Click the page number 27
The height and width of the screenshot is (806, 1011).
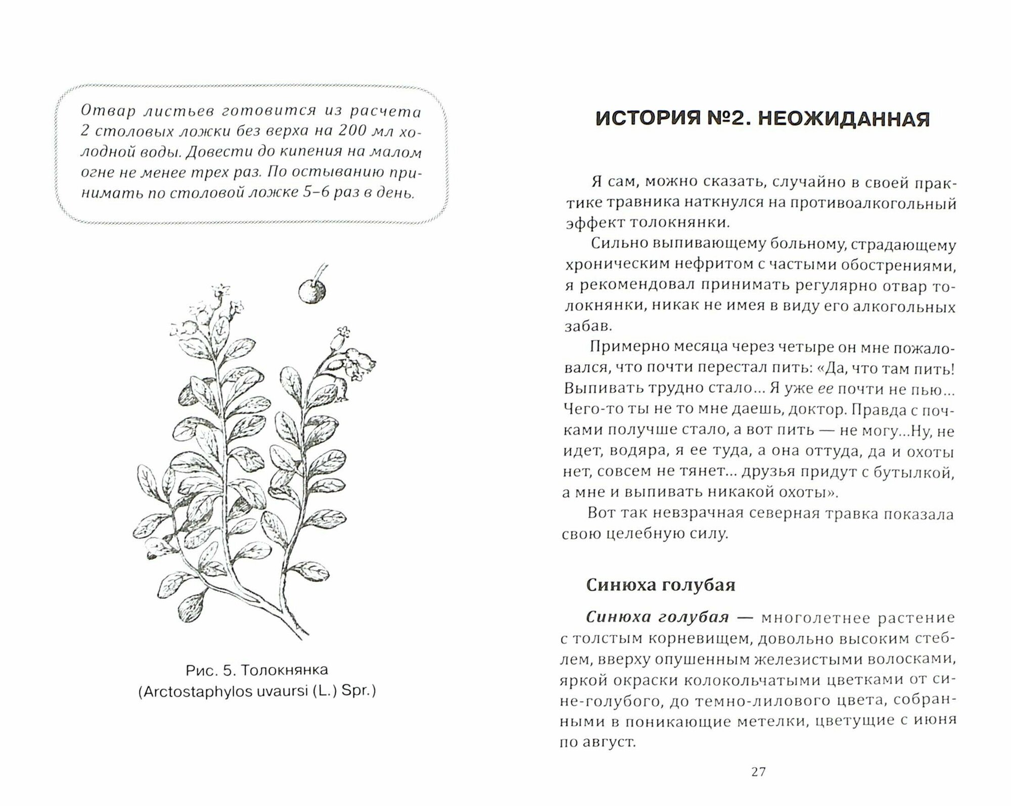pos(759,785)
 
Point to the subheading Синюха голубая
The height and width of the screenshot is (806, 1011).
pos(660,585)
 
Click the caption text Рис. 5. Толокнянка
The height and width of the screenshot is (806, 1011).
pos(257,670)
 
